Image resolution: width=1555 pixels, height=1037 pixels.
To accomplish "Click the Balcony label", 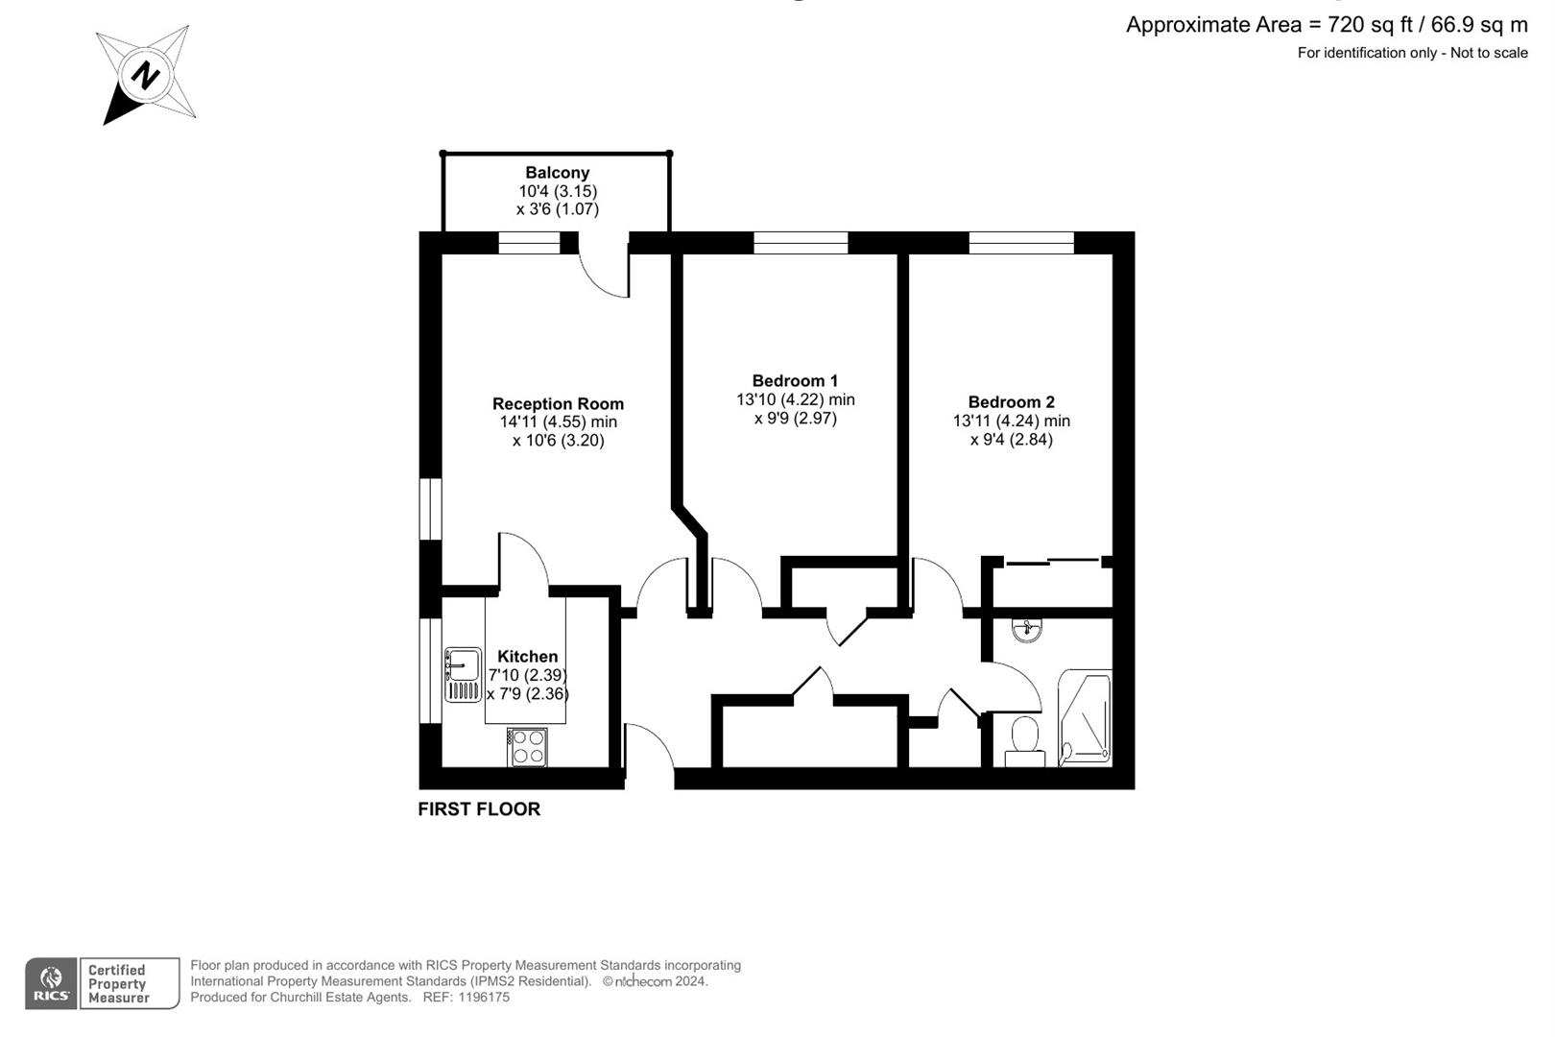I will tap(557, 173).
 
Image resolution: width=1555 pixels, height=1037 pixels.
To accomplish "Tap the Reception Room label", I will tap(558, 404).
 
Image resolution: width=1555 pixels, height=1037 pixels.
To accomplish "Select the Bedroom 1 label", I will tap(795, 381).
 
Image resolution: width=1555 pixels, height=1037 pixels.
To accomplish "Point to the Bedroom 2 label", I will tap(1011, 402).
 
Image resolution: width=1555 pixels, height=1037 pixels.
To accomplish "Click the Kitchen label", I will tap(527, 657).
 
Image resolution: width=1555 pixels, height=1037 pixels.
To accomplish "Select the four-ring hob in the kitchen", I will tap(527, 747).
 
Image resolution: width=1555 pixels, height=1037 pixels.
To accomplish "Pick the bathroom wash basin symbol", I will tap(1026, 630).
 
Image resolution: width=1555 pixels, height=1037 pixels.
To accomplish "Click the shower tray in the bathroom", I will tap(1085, 718).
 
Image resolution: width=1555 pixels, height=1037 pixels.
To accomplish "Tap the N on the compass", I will tap(145, 75).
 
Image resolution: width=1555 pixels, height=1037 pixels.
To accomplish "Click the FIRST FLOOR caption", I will tap(479, 809).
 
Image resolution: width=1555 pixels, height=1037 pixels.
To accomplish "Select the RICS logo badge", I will tap(51, 983).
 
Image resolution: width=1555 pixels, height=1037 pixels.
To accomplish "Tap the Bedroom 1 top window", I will tap(801, 242).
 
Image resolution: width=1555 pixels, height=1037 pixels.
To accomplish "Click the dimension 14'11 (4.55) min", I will tap(558, 422).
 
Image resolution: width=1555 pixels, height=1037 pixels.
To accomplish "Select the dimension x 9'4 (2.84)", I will tap(1011, 440).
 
